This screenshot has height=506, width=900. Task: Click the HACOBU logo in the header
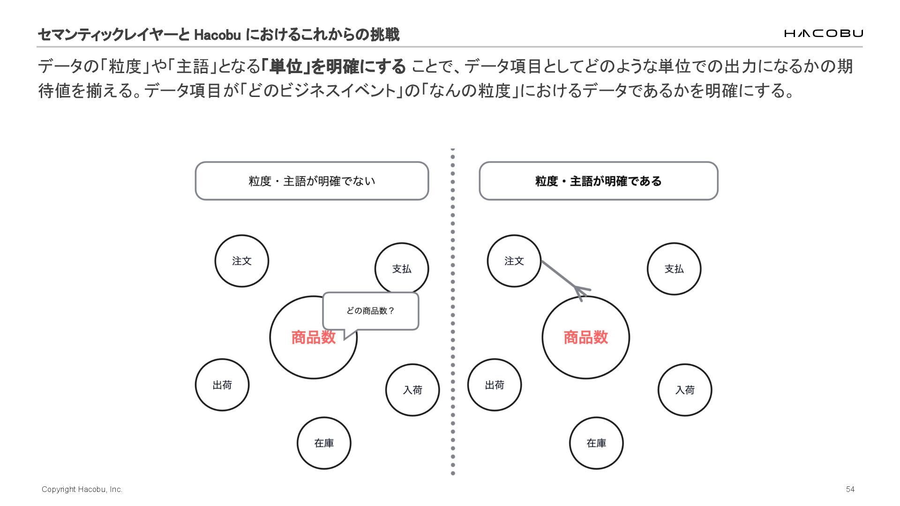(823, 33)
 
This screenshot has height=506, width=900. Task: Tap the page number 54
(850, 489)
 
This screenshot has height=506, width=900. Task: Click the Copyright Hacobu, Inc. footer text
(82, 489)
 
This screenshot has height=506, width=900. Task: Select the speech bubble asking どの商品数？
(370, 311)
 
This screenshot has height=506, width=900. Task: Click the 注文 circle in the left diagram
(242, 261)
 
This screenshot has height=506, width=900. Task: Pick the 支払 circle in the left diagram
(402, 268)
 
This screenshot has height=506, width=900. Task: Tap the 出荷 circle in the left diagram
(222, 385)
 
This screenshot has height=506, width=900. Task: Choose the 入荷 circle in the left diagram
(412, 390)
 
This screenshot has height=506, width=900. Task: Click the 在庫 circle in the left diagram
(324, 443)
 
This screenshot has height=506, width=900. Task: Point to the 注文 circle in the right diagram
(514, 261)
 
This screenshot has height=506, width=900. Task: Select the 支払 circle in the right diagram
(674, 269)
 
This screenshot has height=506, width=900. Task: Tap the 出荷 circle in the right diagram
(495, 385)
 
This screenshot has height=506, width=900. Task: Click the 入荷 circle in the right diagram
(685, 390)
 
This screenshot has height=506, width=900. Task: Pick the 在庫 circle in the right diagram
(596, 443)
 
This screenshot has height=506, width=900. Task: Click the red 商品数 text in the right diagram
(585, 337)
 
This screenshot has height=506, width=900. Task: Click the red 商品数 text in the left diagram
(313, 337)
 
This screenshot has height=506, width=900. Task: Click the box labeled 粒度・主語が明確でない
(312, 181)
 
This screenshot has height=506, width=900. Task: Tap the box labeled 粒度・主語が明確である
(598, 181)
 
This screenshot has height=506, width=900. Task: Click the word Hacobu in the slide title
(217, 35)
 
